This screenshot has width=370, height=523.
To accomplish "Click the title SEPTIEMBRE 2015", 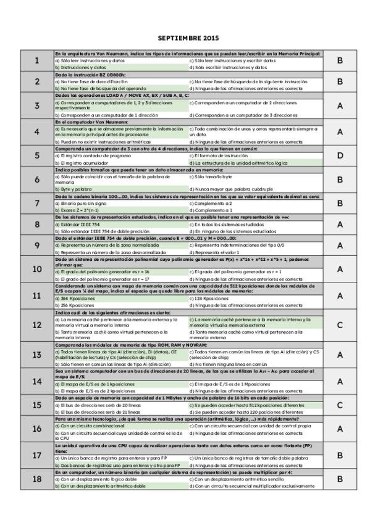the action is pyautogui.click(x=185, y=38).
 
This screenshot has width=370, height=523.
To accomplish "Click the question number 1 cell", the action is pyautogui.click(x=37, y=60).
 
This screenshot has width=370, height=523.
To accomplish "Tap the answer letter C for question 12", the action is pyautogui.click(x=339, y=325).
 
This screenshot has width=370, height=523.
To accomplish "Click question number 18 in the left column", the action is pyautogui.click(x=37, y=479).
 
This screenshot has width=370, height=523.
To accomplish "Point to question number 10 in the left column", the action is pyautogui.click(x=37, y=268).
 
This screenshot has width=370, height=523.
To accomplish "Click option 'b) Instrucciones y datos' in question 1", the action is pyautogui.click(x=80, y=67).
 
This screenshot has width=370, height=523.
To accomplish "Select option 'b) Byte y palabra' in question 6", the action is pyautogui.click(x=73, y=189).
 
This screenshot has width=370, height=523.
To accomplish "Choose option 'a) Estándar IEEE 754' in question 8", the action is pyautogui.click(x=78, y=224).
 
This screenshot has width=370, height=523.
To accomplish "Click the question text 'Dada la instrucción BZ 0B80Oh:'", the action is pyautogui.click(x=90, y=75).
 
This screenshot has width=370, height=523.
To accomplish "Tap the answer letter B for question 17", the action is pyautogui.click(x=339, y=455).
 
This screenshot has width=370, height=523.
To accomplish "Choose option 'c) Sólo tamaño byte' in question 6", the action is pyautogui.click(x=211, y=176).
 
